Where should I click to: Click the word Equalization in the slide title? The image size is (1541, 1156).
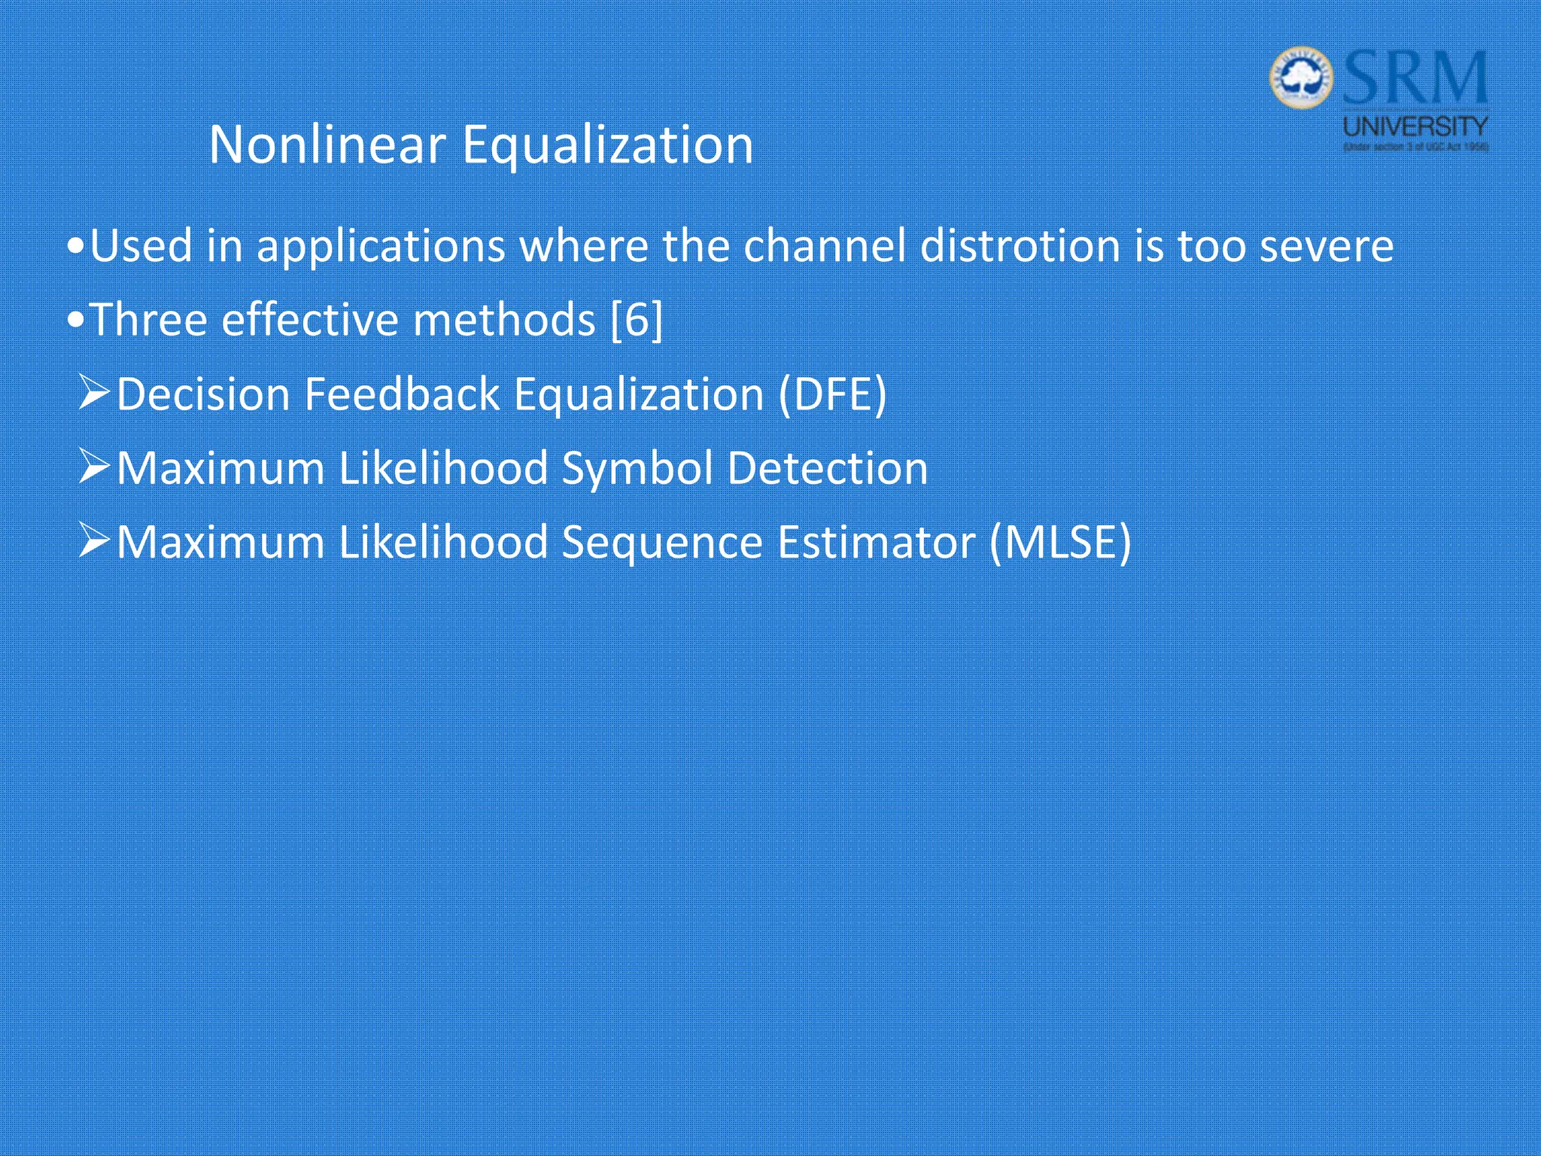click(x=607, y=146)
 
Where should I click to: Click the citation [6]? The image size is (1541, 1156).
click(x=637, y=321)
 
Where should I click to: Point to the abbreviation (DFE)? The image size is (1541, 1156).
click(x=832, y=394)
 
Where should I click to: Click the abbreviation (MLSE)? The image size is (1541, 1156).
click(x=1060, y=542)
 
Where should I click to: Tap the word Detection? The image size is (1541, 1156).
click(x=828, y=468)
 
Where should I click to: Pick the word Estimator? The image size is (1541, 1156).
click(x=876, y=542)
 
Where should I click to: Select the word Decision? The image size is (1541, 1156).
click(x=203, y=394)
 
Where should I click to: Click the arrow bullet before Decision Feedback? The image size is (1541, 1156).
click(x=94, y=393)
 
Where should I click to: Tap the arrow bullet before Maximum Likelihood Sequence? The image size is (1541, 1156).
click(x=94, y=540)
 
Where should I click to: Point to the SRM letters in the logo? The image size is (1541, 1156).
click(x=1415, y=78)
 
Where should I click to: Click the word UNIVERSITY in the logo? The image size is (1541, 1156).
click(x=1415, y=126)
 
